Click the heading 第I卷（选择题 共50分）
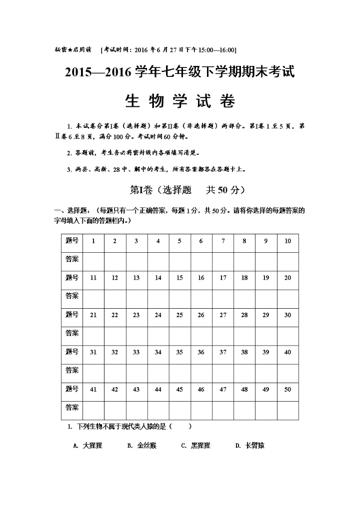179,190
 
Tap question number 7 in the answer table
223,241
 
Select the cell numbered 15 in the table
179,278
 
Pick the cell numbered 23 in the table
136,315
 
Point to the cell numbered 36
201,352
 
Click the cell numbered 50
287,389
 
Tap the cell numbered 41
93,389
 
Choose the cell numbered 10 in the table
287,241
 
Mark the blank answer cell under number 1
93,260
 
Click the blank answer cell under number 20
287,297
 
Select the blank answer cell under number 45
179,408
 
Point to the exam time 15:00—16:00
218,50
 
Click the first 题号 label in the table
71,241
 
